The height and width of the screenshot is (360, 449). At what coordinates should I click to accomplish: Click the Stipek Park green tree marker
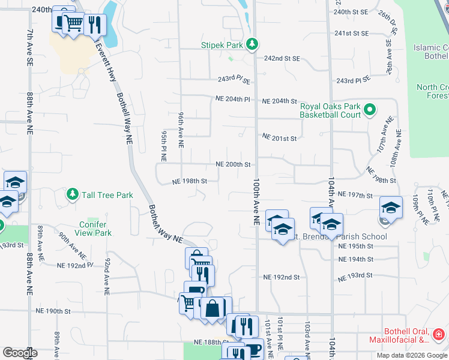pos(253,44)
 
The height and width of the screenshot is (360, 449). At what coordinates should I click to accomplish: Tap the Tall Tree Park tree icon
pos(73,194)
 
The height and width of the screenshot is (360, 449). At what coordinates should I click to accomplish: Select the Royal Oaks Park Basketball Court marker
pos(370,110)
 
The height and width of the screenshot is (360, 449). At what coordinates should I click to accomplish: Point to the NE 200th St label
pos(233,164)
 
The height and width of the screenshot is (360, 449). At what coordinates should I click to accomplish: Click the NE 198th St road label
pos(190,181)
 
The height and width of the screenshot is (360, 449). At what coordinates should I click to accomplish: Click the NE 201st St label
pos(280,138)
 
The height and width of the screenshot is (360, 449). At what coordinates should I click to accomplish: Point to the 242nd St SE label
pos(282,59)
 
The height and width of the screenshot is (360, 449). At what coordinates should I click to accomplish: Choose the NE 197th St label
pos(355,195)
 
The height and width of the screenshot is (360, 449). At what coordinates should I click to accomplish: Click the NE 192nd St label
pos(282,277)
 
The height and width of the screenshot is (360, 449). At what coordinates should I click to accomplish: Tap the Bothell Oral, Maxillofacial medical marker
pos(439,334)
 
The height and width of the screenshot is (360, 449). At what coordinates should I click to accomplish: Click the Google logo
pos(20,353)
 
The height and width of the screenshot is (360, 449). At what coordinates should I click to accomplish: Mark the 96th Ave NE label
pos(181,129)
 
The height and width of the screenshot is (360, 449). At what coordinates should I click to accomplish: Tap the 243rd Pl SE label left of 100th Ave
pos(233,80)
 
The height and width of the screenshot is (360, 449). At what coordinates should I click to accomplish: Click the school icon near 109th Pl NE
pos(390,208)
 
